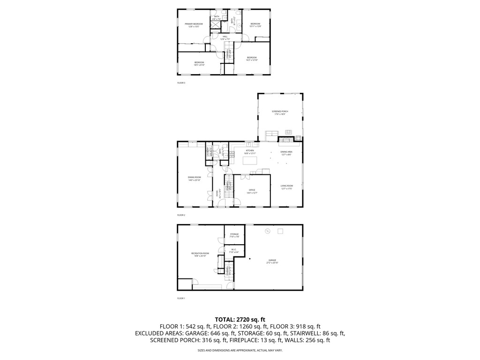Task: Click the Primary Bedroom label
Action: click(x=194, y=25)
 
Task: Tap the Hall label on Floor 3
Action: click(x=225, y=37)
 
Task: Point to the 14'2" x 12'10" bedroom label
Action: click(x=252, y=59)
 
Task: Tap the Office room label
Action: click(x=252, y=191)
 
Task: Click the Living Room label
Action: click(x=286, y=187)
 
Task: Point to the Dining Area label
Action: click(x=286, y=153)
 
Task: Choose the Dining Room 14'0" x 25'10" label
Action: click(x=195, y=178)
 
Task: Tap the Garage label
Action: click(x=272, y=261)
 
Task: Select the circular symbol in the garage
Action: click(x=268, y=231)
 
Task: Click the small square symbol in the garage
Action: click(x=281, y=231)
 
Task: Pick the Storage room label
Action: click(x=234, y=235)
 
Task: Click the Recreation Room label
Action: click(x=200, y=255)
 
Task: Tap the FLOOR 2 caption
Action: click(x=181, y=215)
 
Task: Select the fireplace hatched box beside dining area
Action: click(x=286, y=139)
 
